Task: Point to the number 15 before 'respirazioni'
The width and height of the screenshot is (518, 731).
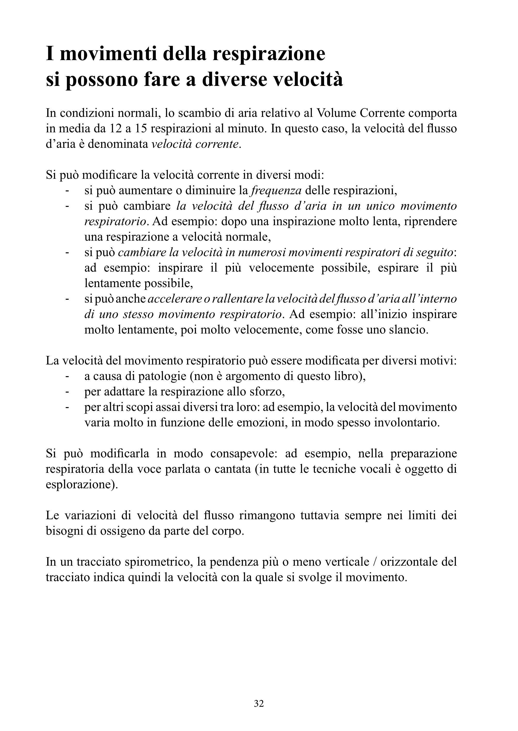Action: tap(141, 129)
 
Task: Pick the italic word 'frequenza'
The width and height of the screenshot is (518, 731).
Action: tap(276, 191)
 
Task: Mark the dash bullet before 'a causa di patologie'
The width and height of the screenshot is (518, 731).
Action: tap(67, 377)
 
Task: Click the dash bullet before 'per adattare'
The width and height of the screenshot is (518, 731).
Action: tap(67, 392)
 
